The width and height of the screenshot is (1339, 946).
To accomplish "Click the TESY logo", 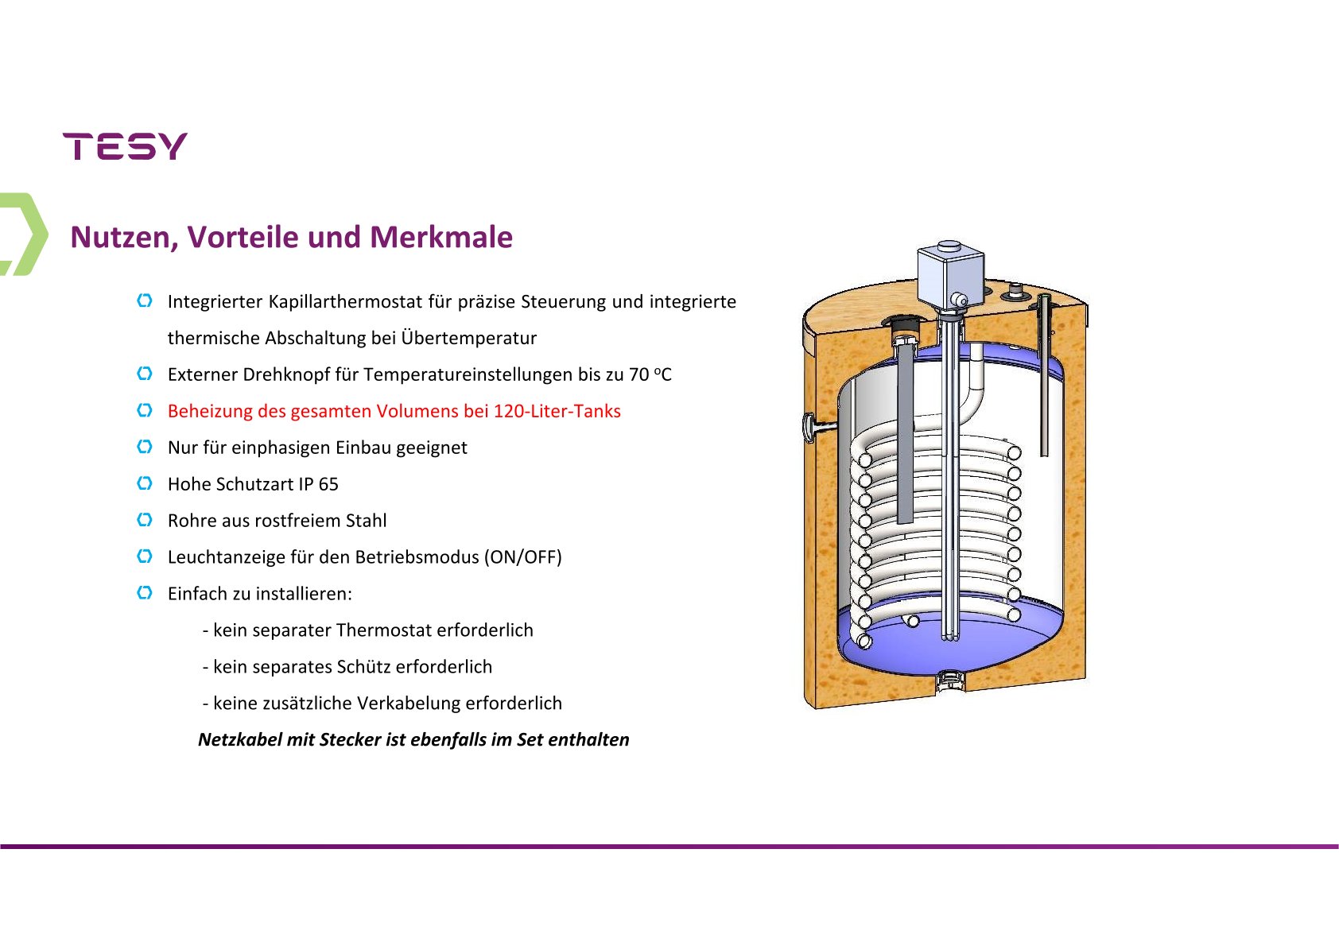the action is click(x=125, y=146).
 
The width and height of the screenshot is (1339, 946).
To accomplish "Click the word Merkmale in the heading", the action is click(x=441, y=237).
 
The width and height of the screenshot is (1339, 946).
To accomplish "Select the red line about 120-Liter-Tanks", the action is click(x=394, y=411).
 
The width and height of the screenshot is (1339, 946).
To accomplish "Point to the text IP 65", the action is click(x=319, y=484).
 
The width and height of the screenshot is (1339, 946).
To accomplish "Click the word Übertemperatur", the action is click(x=468, y=338).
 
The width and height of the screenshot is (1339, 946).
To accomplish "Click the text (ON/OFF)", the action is click(x=523, y=557).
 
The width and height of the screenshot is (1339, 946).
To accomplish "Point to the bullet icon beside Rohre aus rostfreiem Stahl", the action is click(x=145, y=520).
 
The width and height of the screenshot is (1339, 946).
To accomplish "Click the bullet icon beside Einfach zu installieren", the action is click(x=145, y=593).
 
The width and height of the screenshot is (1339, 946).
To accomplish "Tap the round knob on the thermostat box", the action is click(x=960, y=300).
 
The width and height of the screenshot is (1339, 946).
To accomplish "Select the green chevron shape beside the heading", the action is click(x=24, y=235).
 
